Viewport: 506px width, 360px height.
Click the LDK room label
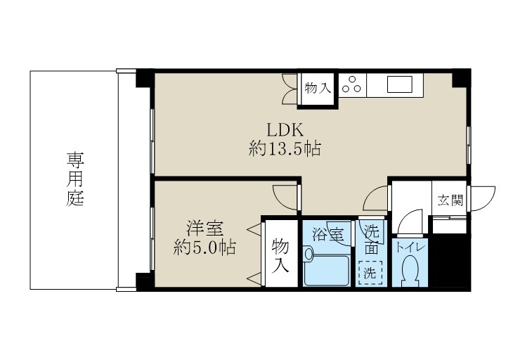pyautogui.click(x=284, y=129)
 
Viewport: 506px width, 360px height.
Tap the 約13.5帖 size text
pyautogui.click(x=285, y=148)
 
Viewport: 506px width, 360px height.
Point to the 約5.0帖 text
pyautogui.click(x=205, y=247)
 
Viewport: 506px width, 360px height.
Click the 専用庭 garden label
pyautogui.click(x=75, y=179)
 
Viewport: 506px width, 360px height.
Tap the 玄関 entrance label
pyautogui.click(x=450, y=200)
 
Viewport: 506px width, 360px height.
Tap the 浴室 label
pyautogui.click(x=327, y=233)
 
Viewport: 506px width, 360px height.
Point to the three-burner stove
pyautogui.click(x=353, y=86)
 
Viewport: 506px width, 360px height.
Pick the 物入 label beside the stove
pyautogui.click(x=317, y=88)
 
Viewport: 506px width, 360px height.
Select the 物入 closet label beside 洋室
pyautogui.click(x=280, y=255)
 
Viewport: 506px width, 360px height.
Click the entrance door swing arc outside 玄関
pyautogui.click(x=484, y=198)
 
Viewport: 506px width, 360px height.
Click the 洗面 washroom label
pyautogui.click(x=370, y=239)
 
